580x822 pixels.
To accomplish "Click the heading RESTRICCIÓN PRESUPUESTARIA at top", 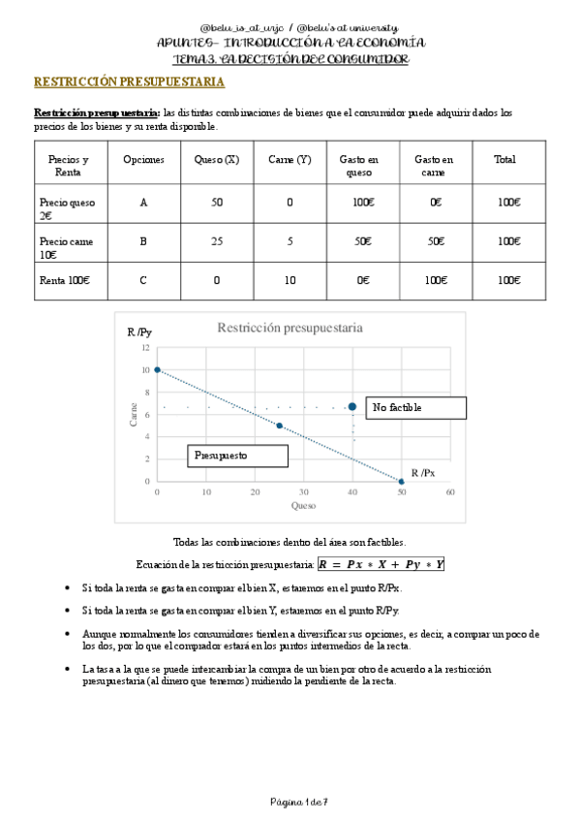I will tap(130, 83).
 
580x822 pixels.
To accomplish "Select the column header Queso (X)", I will tap(216, 160).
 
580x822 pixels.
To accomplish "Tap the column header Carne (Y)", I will tap(290, 160).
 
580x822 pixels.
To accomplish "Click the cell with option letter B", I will tap(143, 241).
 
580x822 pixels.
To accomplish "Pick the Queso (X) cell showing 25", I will tap(216, 241).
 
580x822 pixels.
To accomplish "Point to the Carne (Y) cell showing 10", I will tap(290, 280).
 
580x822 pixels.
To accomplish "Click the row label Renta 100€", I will tap(65, 280).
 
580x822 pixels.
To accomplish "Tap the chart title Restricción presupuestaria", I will tap(290, 328).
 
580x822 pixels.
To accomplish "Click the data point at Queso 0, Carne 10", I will tap(157, 369).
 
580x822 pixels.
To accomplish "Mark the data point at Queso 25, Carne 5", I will tap(280, 426).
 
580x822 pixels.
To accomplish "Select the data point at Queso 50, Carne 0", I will tap(402, 481).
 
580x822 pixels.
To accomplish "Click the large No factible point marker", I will tap(352, 407).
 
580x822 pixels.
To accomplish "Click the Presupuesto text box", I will tap(237, 455).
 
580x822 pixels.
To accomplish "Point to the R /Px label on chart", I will tap(424, 473).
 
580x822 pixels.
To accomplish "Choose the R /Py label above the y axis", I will tap(139, 332).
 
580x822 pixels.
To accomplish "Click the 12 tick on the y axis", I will tap(145, 348).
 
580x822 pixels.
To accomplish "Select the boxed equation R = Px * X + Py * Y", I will tap(381, 564).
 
